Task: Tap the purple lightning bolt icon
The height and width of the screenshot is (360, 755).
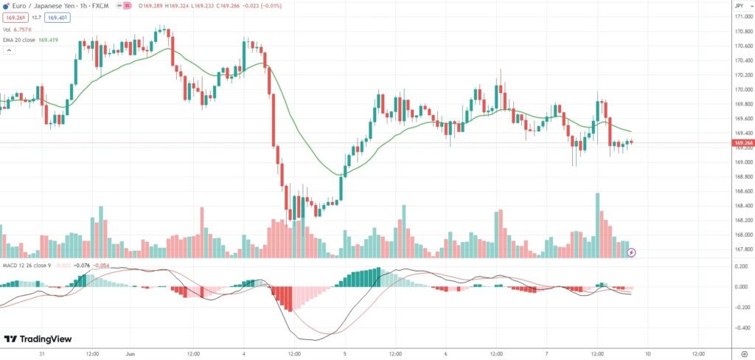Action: [631, 252]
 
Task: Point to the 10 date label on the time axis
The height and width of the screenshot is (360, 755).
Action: [648, 353]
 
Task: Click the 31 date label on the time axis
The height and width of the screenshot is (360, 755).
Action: [41, 353]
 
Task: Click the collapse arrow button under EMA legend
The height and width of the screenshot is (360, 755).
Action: [10, 50]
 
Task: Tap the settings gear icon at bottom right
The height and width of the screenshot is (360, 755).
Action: [742, 353]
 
